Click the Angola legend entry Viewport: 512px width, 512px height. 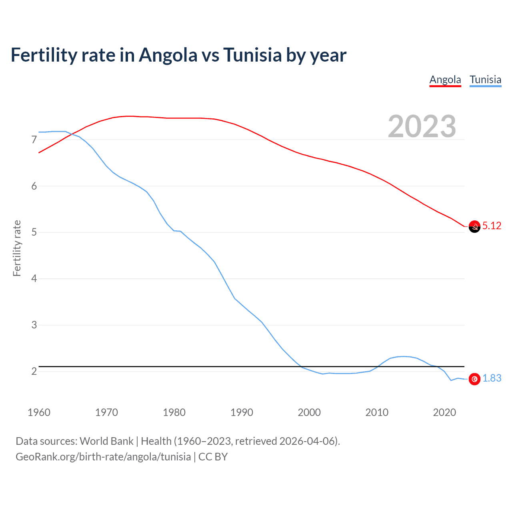(445, 80)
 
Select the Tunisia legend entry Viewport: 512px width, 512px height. (485, 80)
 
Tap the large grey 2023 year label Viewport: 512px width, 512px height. (422, 126)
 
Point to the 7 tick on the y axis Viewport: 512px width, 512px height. (34, 140)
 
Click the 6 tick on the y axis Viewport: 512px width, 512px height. (34, 186)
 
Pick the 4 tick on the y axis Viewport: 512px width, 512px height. (34, 278)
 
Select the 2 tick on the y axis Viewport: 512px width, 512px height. (34, 371)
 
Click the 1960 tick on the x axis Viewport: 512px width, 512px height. (39, 412)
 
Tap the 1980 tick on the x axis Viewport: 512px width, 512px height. (174, 412)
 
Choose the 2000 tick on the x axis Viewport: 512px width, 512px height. (309, 412)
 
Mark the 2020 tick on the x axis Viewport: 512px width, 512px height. (444, 412)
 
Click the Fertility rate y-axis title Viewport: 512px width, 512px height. (17, 248)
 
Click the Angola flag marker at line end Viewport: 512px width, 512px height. (474, 226)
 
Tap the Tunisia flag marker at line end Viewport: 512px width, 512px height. (474, 379)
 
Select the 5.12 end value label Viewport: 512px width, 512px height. (492, 226)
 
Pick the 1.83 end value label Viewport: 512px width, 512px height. (492, 378)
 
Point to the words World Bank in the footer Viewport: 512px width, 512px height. (106, 441)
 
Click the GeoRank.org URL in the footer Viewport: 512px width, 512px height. (103, 457)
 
